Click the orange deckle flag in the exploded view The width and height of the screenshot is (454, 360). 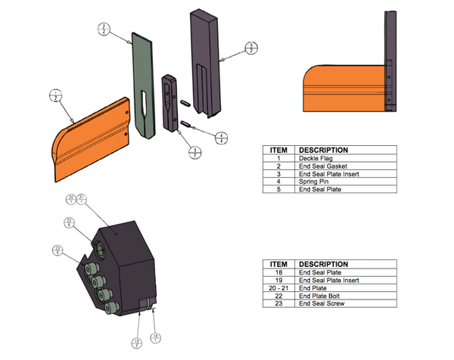pos(91,144)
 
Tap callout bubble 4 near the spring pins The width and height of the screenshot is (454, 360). pos(219,137)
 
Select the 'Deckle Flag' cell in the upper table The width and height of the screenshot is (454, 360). pos(314,158)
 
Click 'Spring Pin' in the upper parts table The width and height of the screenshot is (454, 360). pos(313,182)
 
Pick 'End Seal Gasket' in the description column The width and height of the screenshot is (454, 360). pos(321,166)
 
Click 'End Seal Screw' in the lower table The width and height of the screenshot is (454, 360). pos(320,303)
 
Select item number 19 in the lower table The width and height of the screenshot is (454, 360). pos(278,280)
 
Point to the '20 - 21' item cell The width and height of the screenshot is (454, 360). pos(278,287)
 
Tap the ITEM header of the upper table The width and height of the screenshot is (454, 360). pos(278,150)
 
